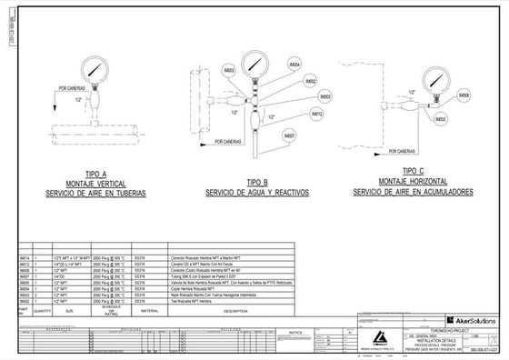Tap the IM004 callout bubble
click(x=294, y=65)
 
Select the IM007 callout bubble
click(x=290, y=135)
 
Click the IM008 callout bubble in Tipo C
click(x=464, y=95)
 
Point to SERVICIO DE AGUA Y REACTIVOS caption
click(x=258, y=194)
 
